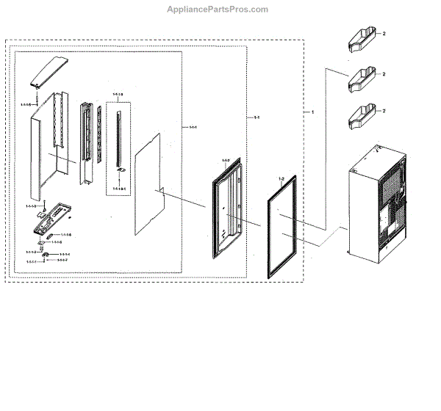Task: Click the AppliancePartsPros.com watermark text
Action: (218, 9)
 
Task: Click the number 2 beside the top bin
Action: (384, 34)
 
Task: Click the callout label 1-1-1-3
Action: (118, 94)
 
